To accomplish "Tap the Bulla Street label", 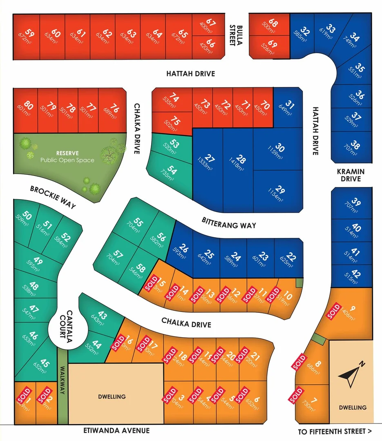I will pos(232,35).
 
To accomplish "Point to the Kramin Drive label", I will pos(351,175).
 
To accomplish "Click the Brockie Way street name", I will pos(53,197).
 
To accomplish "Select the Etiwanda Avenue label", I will pos(116,430).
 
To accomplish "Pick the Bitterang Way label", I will pos(229,223).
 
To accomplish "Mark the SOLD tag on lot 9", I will pos(334,312).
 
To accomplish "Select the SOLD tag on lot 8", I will pos(299,362).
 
